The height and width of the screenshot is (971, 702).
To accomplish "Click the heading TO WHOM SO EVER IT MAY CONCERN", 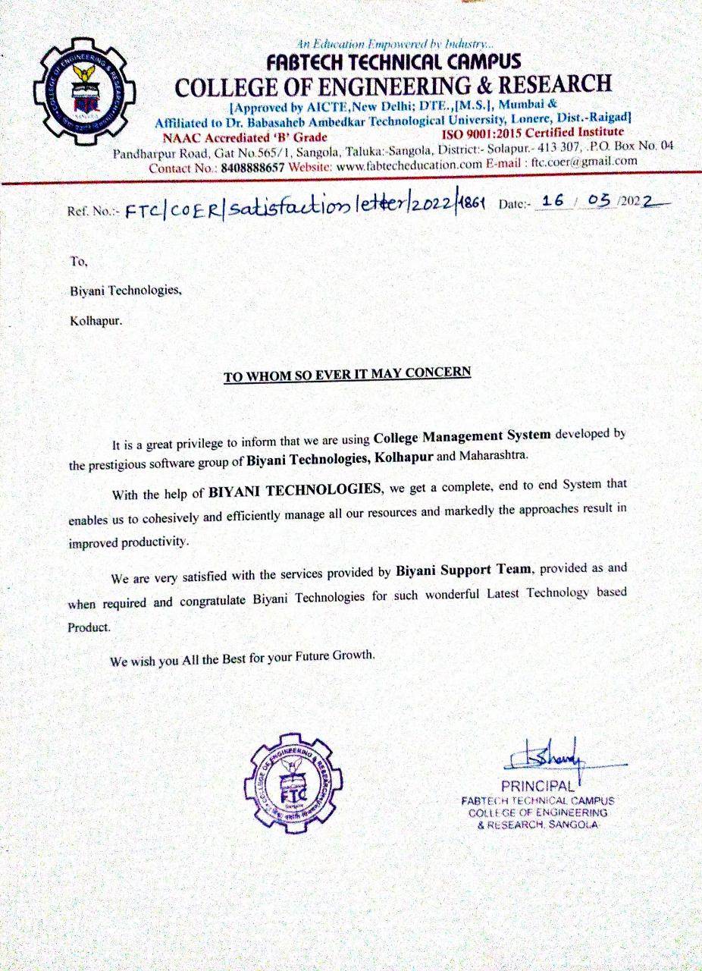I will [x=346, y=374].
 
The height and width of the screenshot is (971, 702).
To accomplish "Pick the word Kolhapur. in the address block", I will [x=95, y=320].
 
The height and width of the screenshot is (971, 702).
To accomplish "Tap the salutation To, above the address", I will [x=79, y=262].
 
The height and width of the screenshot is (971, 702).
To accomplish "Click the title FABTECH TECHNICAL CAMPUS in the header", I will [x=393, y=61].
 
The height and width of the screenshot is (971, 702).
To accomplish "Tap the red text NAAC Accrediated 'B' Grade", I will [x=245, y=137].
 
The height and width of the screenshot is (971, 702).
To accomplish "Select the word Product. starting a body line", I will [x=89, y=627].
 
